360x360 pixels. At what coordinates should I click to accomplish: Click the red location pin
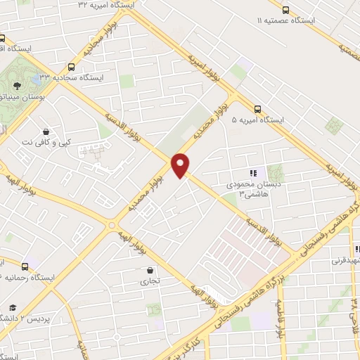[181, 165]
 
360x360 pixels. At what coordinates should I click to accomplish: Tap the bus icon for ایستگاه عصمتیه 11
[285, 10]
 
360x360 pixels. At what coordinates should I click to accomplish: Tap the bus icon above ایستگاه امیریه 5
[257, 108]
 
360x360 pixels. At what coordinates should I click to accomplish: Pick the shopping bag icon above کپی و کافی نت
[46, 131]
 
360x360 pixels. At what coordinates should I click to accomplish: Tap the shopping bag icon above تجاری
[149, 269]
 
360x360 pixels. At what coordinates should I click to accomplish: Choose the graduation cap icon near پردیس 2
[13, 307]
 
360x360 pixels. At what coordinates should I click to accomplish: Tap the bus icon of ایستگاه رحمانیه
[25, 266]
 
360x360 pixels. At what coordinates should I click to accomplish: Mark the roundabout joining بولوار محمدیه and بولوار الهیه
[110, 225]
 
